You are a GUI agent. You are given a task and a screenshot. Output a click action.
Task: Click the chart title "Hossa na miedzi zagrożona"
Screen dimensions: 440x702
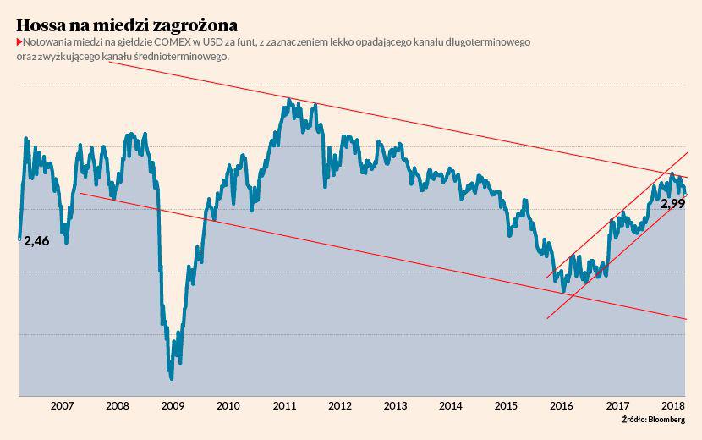click(127, 24)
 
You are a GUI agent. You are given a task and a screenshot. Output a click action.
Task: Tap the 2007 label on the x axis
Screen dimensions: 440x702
click(61, 405)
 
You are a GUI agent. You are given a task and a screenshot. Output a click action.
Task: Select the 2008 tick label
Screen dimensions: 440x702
click(117, 405)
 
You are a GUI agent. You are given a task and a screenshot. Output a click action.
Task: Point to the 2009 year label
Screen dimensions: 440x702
click(173, 405)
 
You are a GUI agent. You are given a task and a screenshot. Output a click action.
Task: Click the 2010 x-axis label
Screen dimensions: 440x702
click(228, 405)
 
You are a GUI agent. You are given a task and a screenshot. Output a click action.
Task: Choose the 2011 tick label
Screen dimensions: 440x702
click(284, 405)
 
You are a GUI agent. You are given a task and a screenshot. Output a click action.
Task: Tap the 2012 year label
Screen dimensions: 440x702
click(340, 405)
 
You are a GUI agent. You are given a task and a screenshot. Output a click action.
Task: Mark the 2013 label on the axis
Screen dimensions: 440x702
click(396, 405)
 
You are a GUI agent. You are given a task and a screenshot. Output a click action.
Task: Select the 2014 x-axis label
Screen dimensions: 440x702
click(452, 405)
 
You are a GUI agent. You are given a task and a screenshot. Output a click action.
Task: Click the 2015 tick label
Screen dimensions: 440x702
click(507, 405)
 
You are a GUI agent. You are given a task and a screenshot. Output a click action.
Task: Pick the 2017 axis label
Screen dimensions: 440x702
click(618, 405)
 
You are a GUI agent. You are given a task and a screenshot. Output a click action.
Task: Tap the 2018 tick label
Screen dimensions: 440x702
click(673, 405)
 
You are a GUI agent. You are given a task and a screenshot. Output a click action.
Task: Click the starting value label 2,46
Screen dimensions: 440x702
click(36, 241)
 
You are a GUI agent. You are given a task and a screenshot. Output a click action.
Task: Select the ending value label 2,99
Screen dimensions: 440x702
click(672, 204)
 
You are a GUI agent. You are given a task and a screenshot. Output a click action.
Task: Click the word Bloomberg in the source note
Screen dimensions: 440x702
click(667, 420)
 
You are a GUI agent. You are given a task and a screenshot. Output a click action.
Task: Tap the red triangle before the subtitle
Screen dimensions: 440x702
click(19, 42)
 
